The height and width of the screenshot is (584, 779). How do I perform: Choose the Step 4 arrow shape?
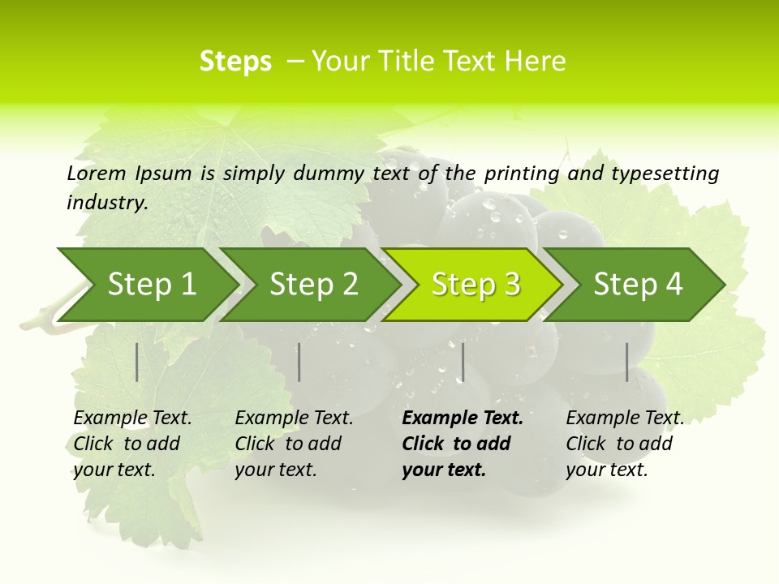pos(638,285)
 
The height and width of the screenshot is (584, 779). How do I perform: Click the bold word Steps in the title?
pos(235,62)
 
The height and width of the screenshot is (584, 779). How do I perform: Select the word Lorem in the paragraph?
pos(97,173)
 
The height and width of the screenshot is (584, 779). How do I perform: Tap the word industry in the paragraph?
pos(106,202)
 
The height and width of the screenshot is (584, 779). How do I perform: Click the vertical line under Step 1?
pos(137,362)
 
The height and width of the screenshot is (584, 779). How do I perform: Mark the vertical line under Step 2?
pos(299,362)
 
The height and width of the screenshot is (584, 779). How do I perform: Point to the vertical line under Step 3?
pos(463,362)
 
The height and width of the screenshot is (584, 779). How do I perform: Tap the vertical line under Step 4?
pos(626,362)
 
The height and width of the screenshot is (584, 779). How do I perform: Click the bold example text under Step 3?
pos(462,444)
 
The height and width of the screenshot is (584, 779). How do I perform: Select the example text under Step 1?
pos(132,444)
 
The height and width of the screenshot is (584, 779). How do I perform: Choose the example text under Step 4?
pos(624,444)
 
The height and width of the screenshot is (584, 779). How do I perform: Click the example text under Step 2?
pos(294,444)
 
